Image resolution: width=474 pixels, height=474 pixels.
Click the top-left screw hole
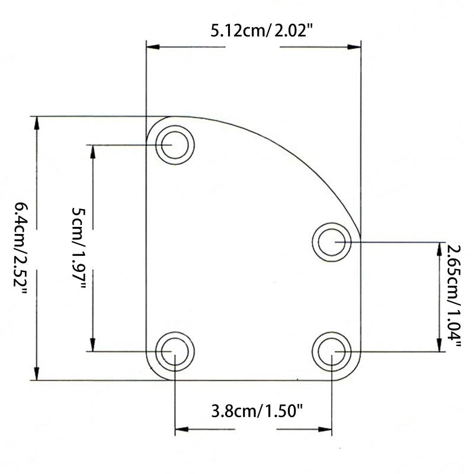tap(175, 145)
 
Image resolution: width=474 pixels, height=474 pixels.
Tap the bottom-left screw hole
tap(175, 351)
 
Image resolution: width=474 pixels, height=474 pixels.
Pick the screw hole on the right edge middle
tap(333, 242)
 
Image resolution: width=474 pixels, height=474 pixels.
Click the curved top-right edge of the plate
tap(296, 154)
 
